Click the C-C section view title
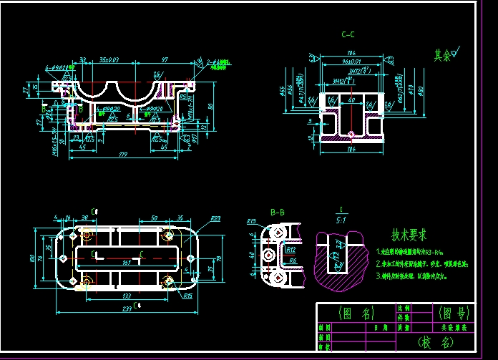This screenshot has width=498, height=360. (348, 34)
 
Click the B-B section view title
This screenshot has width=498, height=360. (278, 212)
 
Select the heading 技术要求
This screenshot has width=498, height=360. (409, 235)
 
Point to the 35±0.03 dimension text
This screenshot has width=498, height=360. (109, 59)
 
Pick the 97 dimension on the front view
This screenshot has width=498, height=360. (165, 59)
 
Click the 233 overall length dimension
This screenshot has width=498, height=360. (126, 309)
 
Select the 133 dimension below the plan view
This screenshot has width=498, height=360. (126, 296)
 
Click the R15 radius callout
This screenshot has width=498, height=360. (187, 295)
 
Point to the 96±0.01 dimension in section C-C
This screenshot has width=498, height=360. (351, 61)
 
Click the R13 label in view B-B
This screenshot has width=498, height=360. (251, 222)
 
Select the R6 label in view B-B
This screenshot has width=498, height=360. (293, 261)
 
